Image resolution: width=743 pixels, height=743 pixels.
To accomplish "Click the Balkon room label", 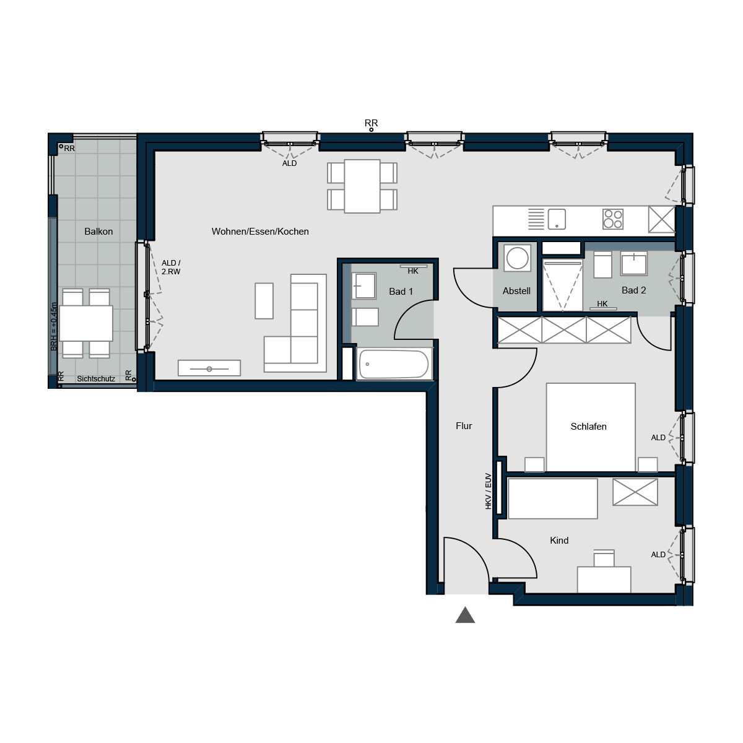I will point(98,232).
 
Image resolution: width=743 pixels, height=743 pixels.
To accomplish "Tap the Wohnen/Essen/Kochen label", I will point(260,232).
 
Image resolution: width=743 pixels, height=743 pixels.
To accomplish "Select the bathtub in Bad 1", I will point(394,364).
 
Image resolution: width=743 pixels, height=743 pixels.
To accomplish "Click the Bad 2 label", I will point(633,290).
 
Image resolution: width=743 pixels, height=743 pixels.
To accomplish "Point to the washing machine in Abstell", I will point(517,258).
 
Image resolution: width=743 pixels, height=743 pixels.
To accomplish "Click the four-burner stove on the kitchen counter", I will point(612,219).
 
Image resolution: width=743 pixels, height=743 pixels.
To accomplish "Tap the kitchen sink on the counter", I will point(557,219).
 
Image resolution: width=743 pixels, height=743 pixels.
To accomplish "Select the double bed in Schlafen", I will point(590,427).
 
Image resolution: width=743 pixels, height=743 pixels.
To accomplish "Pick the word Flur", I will point(464,426).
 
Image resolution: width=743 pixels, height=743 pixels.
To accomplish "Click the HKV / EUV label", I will point(488,492).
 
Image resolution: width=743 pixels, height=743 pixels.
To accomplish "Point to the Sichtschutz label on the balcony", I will point(96,379).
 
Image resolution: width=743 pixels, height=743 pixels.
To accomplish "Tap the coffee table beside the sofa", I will point(264,301).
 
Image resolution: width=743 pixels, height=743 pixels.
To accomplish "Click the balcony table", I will point(86,323).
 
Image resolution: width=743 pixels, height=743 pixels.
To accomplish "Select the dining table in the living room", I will point(362,186).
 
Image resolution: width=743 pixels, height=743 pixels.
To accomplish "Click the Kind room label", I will point(559,541).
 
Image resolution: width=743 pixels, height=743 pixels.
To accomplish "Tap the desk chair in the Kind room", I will point(604,558).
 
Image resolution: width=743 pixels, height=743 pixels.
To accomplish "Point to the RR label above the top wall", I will point(371,123).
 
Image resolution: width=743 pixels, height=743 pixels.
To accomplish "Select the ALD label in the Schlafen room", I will point(658,438).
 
